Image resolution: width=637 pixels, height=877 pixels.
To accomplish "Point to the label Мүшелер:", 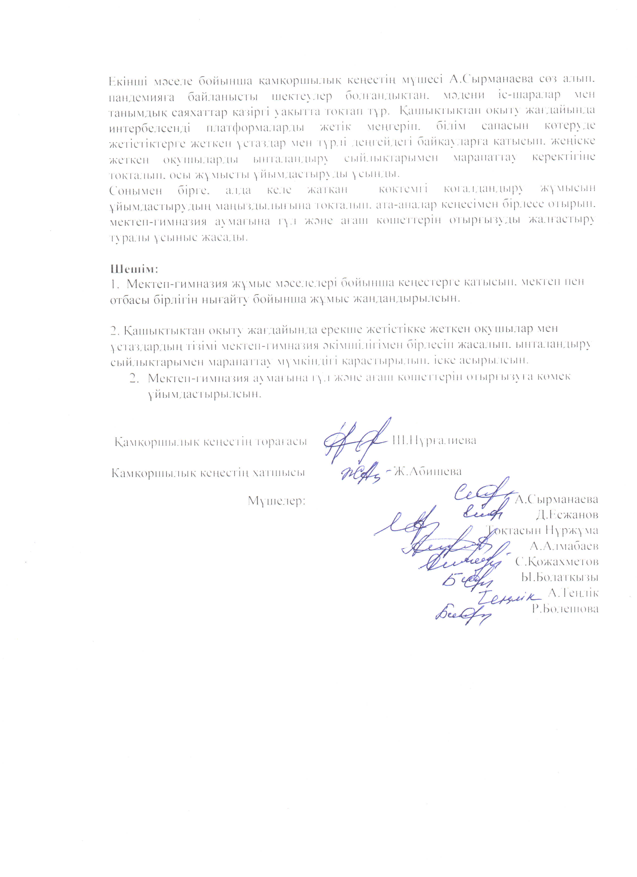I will coord(277,501).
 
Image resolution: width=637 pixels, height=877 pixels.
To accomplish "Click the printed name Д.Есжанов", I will coord(567,515).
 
